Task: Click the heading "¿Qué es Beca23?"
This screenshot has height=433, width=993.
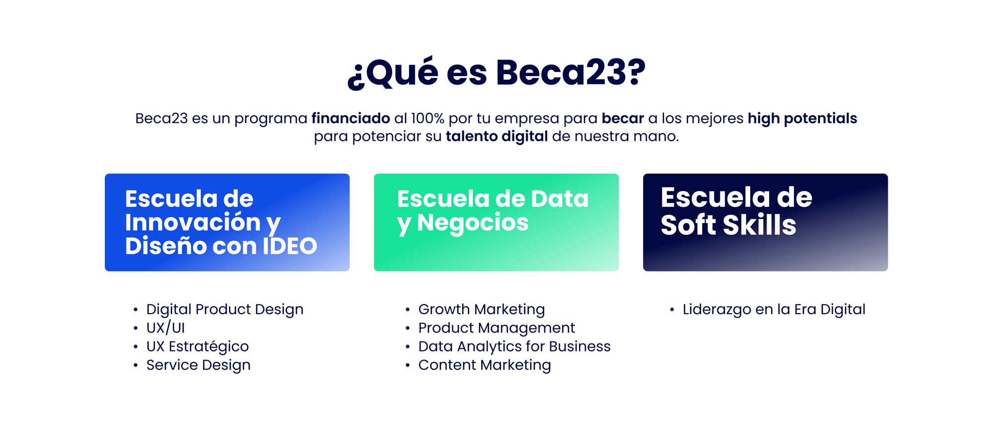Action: click(x=496, y=73)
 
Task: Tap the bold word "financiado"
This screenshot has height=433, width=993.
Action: click(x=351, y=118)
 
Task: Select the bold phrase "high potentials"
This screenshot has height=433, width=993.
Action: click(x=802, y=118)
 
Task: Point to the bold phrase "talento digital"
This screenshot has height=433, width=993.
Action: click(x=496, y=136)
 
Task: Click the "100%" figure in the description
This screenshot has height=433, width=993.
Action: click(x=427, y=118)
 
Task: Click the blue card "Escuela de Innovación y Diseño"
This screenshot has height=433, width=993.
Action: click(x=227, y=222)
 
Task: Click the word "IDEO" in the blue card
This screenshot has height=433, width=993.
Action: click(x=289, y=246)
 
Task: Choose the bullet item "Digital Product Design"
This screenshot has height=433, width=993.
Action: click(x=224, y=309)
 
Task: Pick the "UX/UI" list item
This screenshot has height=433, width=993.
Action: click(x=165, y=328)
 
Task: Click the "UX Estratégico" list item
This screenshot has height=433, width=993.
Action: click(x=197, y=346)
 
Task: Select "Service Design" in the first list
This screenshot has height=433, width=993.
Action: click(x=198, y=365)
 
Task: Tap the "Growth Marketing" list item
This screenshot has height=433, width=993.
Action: click(x=481, y=309)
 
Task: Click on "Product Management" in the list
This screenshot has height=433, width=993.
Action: click(x=496, y=328)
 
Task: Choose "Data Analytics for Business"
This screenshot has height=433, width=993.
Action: click(x=514, y=346)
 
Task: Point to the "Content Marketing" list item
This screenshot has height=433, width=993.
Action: click(x=484, y=365)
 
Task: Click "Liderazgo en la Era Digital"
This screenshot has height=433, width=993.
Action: click(x=774, y=309)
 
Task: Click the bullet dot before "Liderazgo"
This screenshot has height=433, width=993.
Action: click(x=672, y=310)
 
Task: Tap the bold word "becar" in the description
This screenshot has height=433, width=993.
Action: click(x=623, y=118)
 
